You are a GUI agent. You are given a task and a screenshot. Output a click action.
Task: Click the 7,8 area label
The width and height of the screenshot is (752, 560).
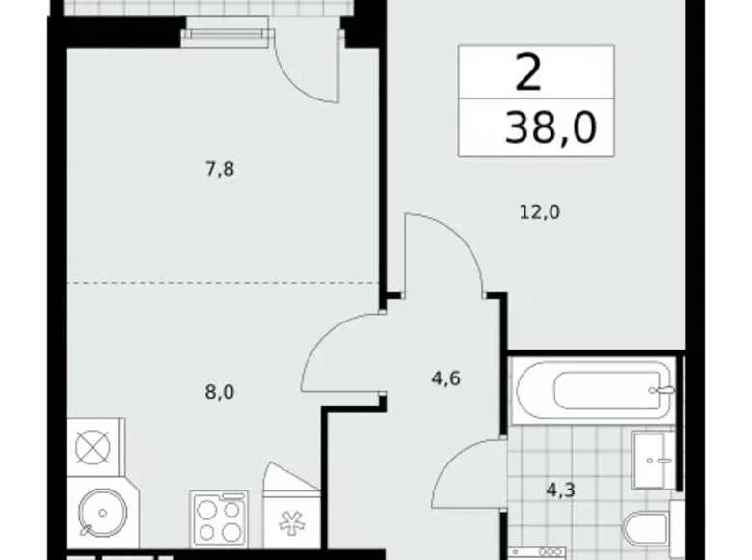click(221, 170)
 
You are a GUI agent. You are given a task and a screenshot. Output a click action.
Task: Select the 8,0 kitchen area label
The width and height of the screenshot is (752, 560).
click(221, 392)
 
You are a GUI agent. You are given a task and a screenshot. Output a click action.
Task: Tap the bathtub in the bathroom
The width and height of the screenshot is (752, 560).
click(592, 390)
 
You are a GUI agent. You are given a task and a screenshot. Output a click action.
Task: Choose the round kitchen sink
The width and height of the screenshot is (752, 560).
click(95, 512)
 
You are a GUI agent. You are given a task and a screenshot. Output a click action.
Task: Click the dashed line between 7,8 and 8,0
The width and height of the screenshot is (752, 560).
click(221, 283)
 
